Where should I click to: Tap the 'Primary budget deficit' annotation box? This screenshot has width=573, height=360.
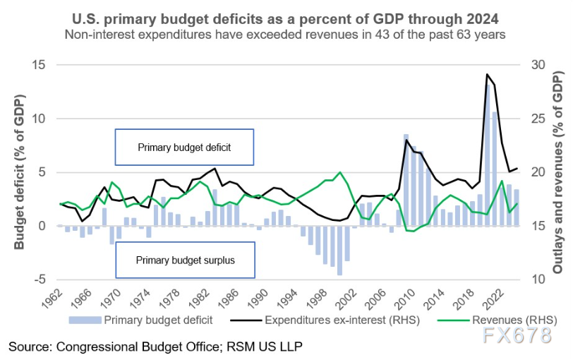tap(184, 148)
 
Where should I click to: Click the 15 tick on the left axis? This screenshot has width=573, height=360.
tap(42, 65)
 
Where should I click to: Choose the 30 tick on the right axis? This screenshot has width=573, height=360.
tap(537, 65)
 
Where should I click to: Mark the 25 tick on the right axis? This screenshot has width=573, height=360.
tap(537, 119)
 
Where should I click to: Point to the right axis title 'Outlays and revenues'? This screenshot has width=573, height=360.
tap(557, 173)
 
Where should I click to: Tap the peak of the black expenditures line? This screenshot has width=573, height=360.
tap(487, 74)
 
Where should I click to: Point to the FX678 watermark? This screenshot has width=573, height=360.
tap(527, 337)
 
